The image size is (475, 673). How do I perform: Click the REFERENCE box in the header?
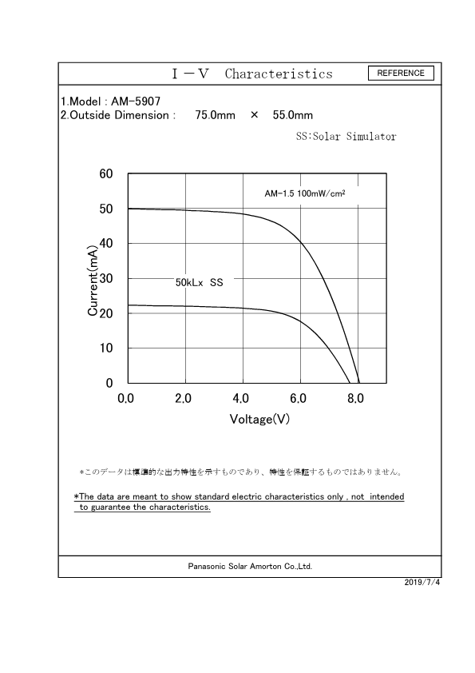tap(401, 73)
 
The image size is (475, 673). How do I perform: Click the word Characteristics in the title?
tap(279, 74)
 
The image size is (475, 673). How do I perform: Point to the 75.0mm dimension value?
tap(215, 115)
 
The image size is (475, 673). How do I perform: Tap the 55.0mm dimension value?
tap(293, 115)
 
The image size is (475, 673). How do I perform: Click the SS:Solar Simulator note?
tap(346, 137)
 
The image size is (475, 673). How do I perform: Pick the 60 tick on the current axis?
tap(105, 174)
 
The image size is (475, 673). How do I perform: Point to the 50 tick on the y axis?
tap(105, 209)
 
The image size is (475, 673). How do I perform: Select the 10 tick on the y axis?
tap(105, 348)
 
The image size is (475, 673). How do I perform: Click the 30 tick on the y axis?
tap(105, 279)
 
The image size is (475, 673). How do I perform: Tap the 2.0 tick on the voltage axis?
tap(183, 399)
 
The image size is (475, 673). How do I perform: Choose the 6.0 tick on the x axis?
tap(299, 399)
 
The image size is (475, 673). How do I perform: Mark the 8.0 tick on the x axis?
tap(356, 399)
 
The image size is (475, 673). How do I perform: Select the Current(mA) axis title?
tap(93, 279)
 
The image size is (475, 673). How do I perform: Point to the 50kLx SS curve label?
tap(199, 283)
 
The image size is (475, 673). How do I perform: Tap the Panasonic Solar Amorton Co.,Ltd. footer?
tap(250, 566)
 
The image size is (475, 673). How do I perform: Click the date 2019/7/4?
tap(422, 582)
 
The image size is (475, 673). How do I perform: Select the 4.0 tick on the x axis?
tap(241, 399)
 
